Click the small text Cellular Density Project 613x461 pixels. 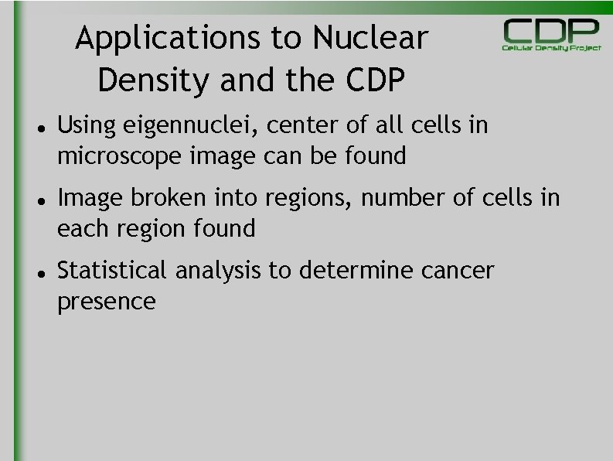pyautogui.click(x=551, y=48)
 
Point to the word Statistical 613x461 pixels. pyautogui.click(x=112, y=271)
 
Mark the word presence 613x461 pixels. pyautogui.click(x=106, y=302)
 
